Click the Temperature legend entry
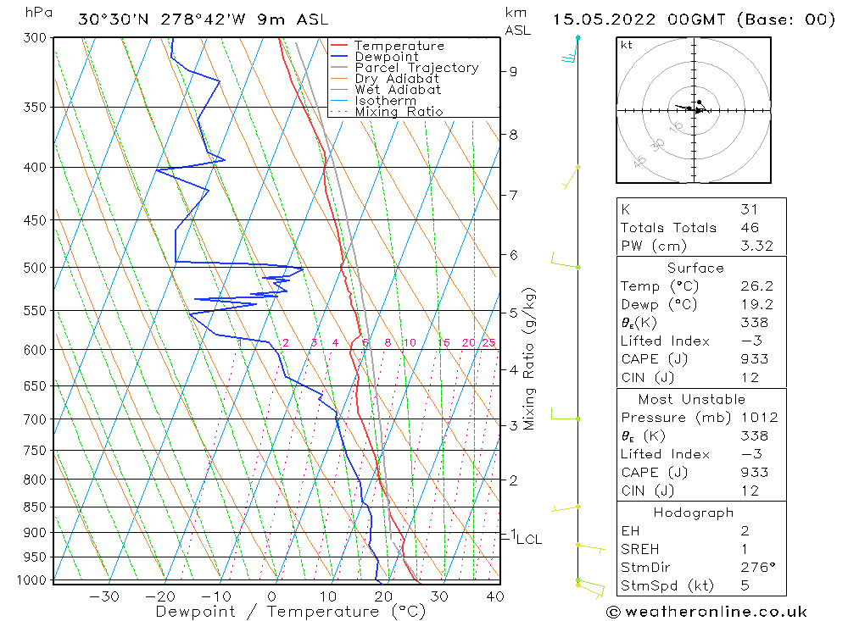click(x=399, y=46)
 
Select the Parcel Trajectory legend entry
click(x=416, y=68)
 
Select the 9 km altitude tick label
click(x=513, y=71)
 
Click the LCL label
click(x=528, y=539)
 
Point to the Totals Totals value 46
click(x=749, y=228)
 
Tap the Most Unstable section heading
click(x=692, y=399)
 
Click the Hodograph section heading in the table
click(x=692, y=513)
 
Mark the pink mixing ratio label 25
click(x=488, y=343)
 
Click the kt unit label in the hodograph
click(x=627, y=45)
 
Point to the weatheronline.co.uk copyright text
click(x=706, y=612)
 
